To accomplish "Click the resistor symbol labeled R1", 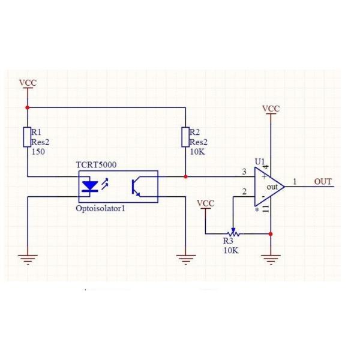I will click(x=27, y=136).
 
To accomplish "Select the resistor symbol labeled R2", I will click(x=185, y=136).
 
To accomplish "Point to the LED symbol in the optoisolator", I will click(x=90, y=186).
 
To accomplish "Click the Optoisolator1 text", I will click(x=101, y=209).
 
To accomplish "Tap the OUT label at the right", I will click(x=323, y=182).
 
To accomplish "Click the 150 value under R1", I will click(x=38, y=152).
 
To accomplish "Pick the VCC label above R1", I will click(x=28, y=83).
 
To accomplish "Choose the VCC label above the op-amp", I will click(x=271, y=109).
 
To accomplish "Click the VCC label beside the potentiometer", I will click(x=206, y=203).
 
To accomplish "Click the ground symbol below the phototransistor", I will click(x=186, y=259).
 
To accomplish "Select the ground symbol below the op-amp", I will click(x=271, y=259).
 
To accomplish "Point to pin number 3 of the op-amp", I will click(x=244, y=172).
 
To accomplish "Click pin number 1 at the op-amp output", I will click(x=294, y=181).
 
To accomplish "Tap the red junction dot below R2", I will click(x=185, y=176).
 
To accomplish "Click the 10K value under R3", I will click(x=231, y=250).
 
